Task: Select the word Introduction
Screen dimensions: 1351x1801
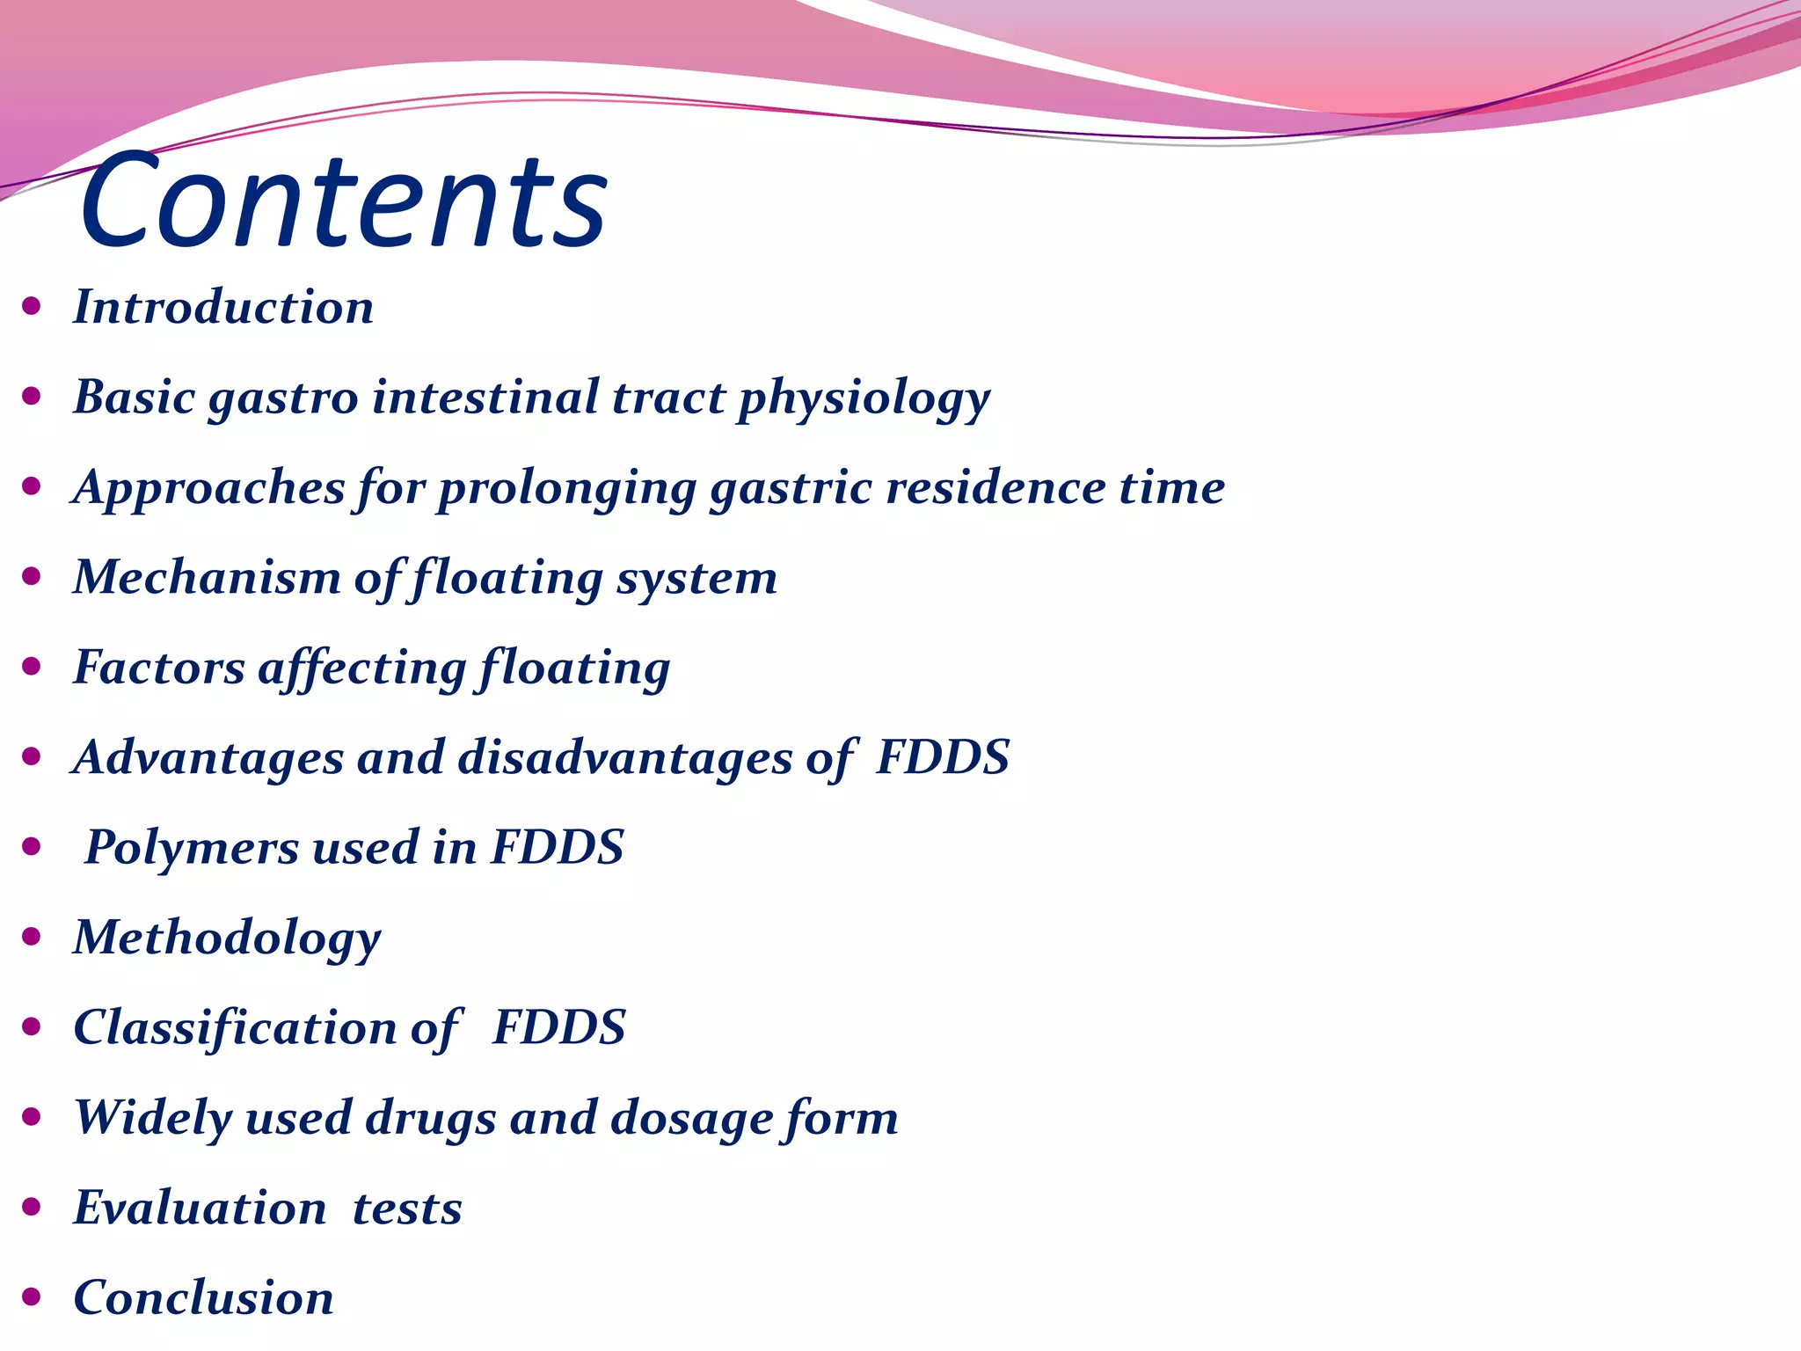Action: [223, 308]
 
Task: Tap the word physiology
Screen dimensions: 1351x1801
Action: [864, 399]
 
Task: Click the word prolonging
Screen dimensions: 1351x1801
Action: [567, 489]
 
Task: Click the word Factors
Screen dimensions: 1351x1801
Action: [159, 668]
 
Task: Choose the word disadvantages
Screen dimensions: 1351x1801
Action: [625, 758]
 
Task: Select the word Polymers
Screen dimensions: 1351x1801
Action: [192, 848]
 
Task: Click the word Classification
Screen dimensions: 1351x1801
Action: [235, 1028]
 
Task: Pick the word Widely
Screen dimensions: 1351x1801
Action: [152, 1118]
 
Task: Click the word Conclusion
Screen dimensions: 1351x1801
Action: [204, 1298]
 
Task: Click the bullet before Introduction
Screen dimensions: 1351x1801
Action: [32, 306]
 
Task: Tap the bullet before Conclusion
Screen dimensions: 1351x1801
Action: [32, 1296]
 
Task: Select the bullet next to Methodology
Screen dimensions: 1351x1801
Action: [32, 937]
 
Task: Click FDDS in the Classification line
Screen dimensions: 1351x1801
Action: [559, 1028]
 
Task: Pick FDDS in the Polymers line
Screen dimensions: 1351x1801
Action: [557, 848]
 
